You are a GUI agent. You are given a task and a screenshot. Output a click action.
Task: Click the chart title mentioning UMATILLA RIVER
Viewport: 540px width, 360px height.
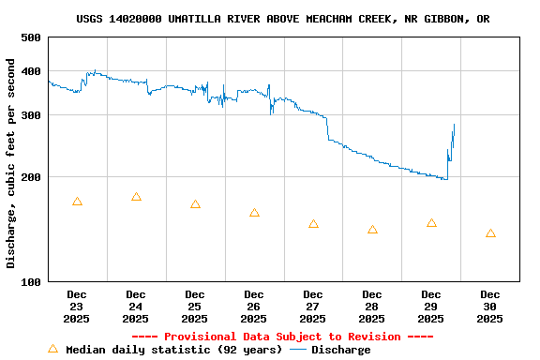(282, 19)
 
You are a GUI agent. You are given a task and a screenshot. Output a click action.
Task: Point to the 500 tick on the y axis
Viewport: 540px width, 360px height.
(30, 37)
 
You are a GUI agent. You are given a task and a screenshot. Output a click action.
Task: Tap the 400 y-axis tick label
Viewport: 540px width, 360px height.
(30, 71)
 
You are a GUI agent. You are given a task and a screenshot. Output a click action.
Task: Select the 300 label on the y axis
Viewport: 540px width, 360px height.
(30, 115)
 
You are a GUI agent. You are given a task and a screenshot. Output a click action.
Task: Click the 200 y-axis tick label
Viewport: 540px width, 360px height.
(30, 177)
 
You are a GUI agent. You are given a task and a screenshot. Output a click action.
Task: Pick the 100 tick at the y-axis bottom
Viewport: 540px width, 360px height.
(30, 281)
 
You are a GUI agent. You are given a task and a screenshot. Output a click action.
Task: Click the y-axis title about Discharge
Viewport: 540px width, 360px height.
(11, 163)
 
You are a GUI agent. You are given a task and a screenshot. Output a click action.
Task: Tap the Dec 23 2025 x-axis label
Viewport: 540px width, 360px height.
(77, 307)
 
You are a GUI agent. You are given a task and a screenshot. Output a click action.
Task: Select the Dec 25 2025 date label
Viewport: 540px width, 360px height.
(195, 307)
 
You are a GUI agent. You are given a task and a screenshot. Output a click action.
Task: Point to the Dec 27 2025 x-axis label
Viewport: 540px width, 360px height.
(313, 307)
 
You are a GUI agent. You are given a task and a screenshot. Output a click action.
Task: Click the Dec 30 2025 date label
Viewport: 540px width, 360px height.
(489, 307)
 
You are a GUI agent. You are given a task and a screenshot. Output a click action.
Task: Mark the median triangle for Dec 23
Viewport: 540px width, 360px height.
(77, 202)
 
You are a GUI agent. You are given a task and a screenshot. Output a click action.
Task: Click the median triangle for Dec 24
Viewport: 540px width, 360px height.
(136, 197)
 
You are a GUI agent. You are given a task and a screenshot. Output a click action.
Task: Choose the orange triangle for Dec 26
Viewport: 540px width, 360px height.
(254, 213)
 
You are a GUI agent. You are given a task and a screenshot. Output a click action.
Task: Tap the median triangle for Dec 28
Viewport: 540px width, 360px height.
(372, 230)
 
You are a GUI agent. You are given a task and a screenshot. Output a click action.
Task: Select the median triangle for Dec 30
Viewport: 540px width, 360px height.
(490, 233)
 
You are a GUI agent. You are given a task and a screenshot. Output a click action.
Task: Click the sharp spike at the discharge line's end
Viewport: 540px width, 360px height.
(454, 126)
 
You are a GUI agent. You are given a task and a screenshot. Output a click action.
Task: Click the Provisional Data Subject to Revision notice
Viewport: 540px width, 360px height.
(282, 337)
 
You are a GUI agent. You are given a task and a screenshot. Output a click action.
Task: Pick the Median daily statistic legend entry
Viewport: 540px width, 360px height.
(165, 350)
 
